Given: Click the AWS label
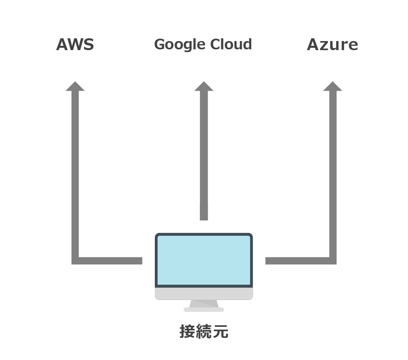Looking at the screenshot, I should pos(75,45).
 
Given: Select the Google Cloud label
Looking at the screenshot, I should pos(203,45).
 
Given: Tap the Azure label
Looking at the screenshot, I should pos(332,45).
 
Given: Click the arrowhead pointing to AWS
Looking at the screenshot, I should pos(75,86).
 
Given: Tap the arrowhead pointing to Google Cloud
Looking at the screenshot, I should pos(204,86).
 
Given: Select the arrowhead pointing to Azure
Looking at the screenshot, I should pos(333,86).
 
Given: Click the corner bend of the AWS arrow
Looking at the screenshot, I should pos(75,261).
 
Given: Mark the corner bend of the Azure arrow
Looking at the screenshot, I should pos(333,261).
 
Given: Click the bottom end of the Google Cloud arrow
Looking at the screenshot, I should pos(204,217).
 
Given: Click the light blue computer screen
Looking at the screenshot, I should pos(204,260).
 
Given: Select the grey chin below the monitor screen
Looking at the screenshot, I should pos(204,293).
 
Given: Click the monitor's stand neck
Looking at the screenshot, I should pos(204,304).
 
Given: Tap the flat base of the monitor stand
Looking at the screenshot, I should pos(204,310).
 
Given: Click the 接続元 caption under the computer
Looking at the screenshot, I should pos(204,332).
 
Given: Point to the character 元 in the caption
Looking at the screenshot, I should pos(220,332).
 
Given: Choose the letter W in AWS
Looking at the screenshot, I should pos(75,45).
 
